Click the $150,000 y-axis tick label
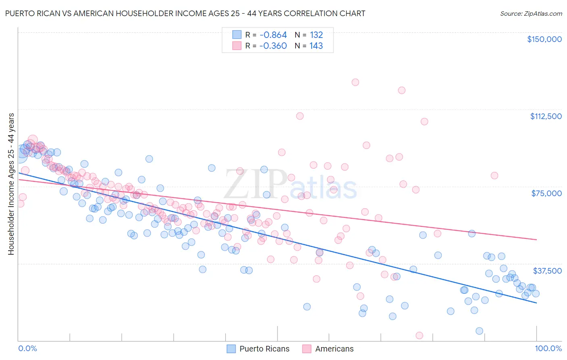tap(544, 39)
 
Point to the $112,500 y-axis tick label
tap(546, 116)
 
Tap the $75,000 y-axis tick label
tap(546, 193)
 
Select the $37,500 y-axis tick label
tap(547, 270)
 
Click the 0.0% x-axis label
tap(27, 348)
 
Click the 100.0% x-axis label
tap(548, 348)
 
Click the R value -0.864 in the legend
tap(273, 35)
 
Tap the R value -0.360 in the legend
tap(273, 46)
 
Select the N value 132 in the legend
tap(316, 35)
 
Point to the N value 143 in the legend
tap(316, 46)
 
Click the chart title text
tap(185, 13)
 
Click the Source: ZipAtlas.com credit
tap(531, 14)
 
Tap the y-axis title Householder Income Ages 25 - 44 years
tap(11, 184)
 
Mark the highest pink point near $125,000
tap(355, 82)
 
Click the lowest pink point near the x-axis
tap(419, 335)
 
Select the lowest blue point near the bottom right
tap(479, 331)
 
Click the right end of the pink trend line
tap(536, 240)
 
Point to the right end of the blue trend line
tap(536, 303)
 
